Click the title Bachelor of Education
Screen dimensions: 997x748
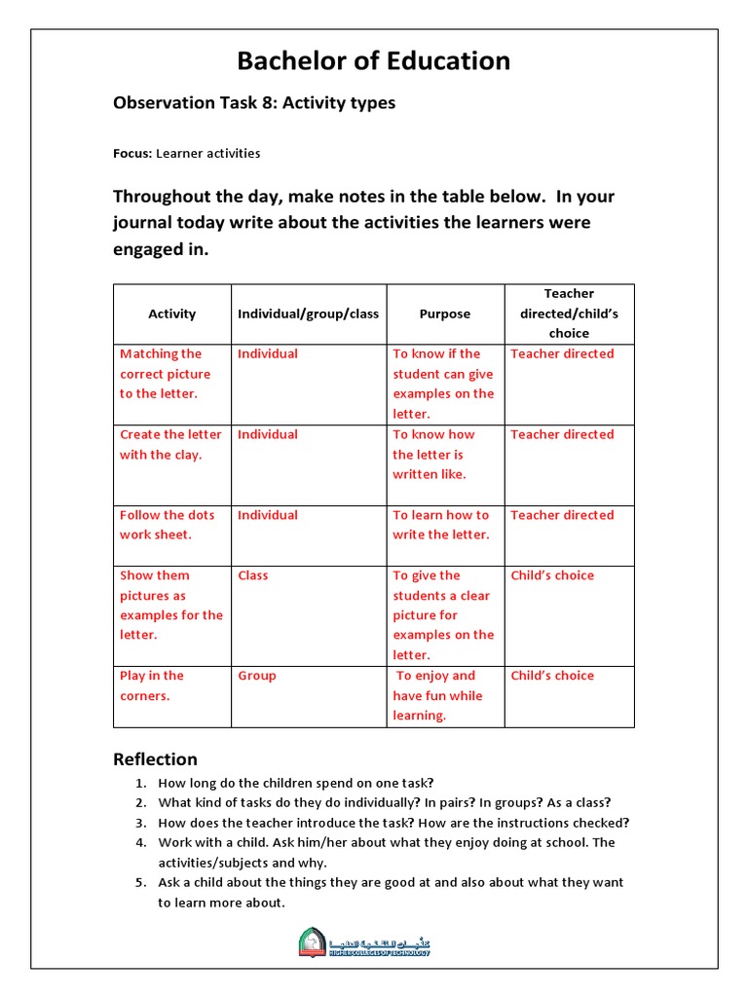point(374,61)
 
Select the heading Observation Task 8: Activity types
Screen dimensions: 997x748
point(254,103)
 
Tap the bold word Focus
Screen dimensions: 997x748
point(131,154)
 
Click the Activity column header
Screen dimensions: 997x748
point(171,314)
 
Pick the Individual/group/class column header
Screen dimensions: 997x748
point(308,314)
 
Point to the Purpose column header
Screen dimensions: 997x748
point(444,314)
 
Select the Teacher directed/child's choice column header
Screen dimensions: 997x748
point(569,314)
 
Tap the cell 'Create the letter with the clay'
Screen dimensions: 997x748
point(170,445)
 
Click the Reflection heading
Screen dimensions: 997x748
point(155,759)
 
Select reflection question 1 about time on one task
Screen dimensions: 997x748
point(296,783)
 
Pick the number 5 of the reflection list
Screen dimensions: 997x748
point(140,882)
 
